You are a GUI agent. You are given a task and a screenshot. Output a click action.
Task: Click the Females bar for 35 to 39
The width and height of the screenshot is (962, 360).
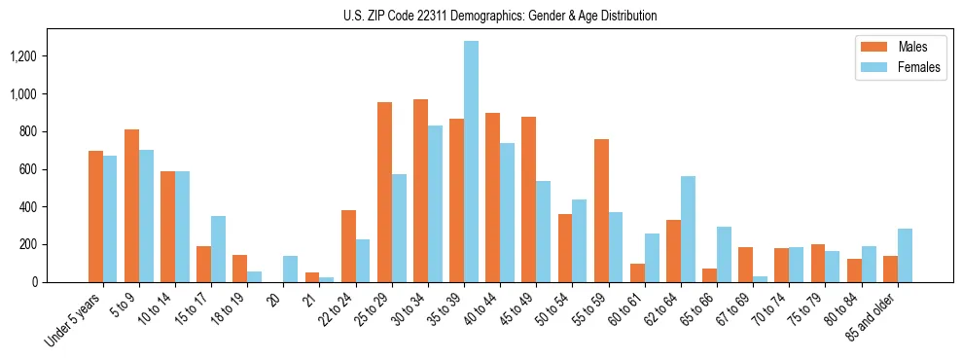click(472, 162)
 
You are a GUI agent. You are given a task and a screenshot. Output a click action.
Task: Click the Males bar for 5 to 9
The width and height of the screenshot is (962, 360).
click(131, 205)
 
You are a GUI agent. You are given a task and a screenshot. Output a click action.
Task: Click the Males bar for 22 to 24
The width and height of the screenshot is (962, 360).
click(348, 246)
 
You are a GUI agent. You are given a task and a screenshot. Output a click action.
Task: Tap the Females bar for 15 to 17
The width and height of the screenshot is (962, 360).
click(219, 249)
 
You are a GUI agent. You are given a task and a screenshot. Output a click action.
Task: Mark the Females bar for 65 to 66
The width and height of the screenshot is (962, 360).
click(724, 254)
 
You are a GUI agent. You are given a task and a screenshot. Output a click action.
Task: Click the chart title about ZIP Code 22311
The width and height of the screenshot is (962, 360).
click(500, 16)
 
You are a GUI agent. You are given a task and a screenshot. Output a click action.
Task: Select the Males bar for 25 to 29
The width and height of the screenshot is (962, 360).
click(384, 192)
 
